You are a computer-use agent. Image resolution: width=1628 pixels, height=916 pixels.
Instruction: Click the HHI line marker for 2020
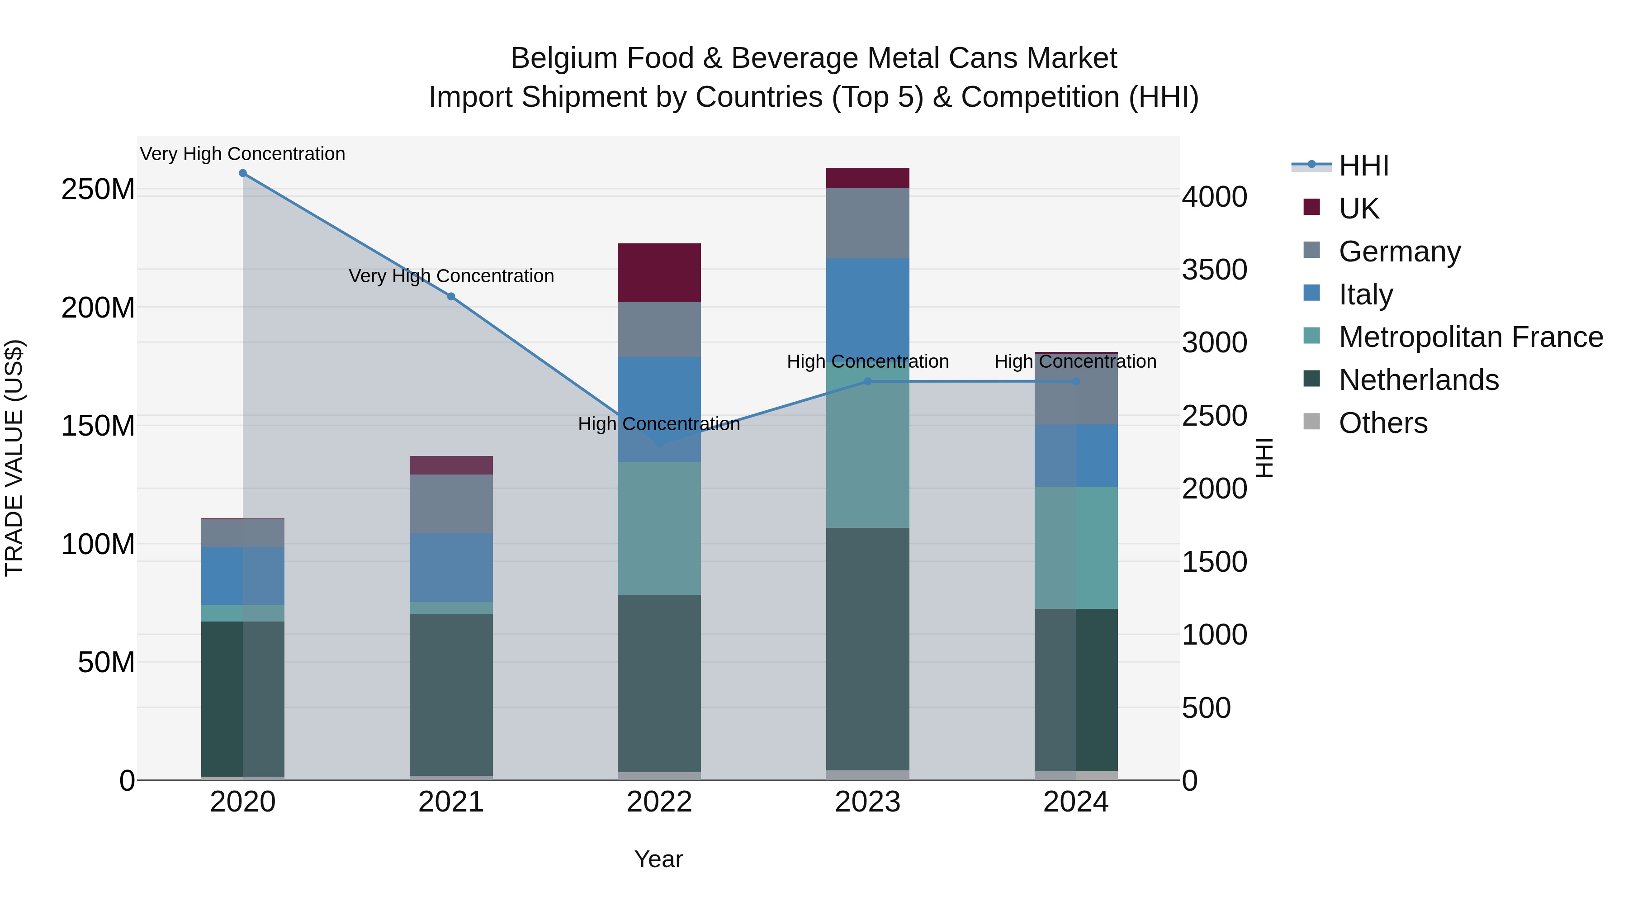(x=243, y=173)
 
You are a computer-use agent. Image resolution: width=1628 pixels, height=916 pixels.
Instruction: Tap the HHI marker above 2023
(x=868, y=381)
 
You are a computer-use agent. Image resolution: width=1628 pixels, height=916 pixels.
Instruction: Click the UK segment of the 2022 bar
(x=659, y=272)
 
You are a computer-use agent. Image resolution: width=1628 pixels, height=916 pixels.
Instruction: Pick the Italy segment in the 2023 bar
(x=868, y=304)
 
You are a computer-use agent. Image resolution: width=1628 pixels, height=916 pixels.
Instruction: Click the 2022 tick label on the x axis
(x=659, y=802)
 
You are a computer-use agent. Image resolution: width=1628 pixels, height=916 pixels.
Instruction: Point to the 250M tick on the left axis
(x=98, y=190)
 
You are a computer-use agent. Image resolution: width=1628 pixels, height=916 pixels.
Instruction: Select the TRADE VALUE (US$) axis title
(x=14, y=458)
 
